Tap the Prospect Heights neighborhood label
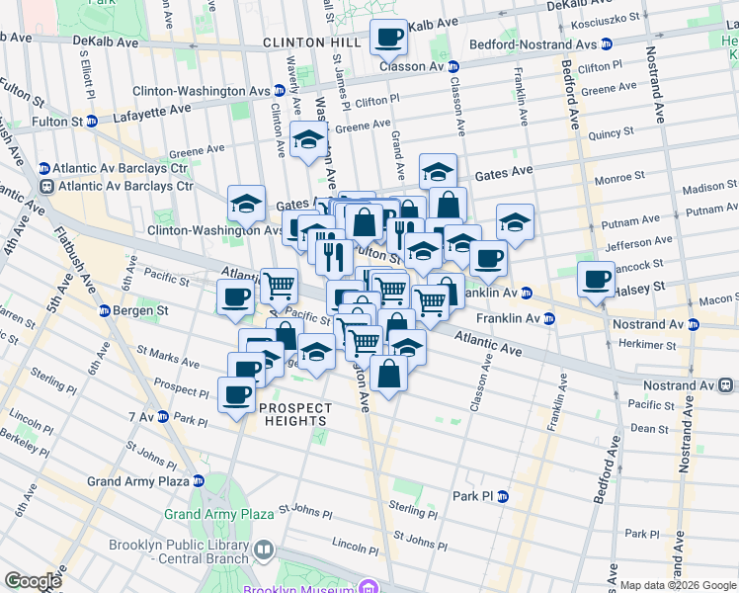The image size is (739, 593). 291,414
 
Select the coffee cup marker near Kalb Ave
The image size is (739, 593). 388,38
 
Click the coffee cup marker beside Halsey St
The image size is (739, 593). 597,279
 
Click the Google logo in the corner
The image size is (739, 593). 34,581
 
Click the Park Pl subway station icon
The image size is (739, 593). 502,496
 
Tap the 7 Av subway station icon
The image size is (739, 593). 163,418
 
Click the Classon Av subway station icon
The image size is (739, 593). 453,66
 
